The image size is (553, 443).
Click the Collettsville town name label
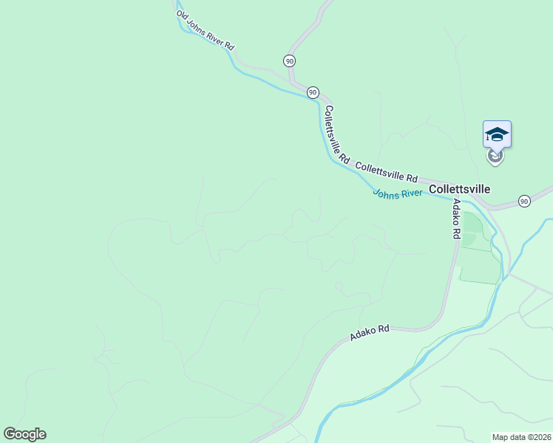coord(459,189)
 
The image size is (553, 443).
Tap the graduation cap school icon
coord(497,134)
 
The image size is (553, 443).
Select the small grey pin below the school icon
coord(495,156)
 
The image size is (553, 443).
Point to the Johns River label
coord(397,193)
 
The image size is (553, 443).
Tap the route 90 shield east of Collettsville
coord(524,201)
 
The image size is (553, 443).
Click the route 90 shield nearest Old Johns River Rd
coord(289,61)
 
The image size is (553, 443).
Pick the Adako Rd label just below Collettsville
coord(456,219)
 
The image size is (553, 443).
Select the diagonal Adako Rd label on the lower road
coord(369,333)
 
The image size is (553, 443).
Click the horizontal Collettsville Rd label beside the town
coord(387,172)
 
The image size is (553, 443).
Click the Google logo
coord(24,434)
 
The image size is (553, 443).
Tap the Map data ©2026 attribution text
coord(521,437)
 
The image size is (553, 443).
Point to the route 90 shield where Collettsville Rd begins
coord(313,92)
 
